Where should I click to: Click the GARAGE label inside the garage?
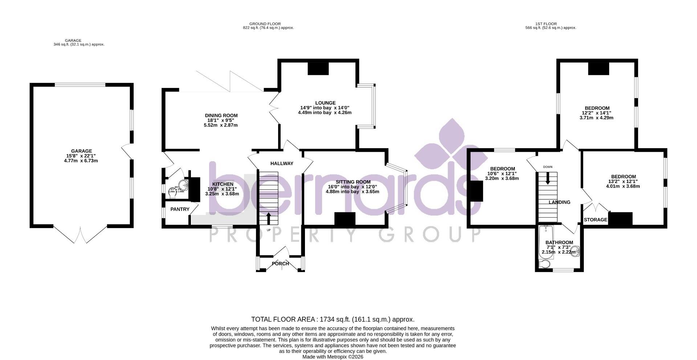pyautogui.click(x=81, y=151)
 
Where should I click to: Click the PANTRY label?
pyautogui.click(x=180, y=209)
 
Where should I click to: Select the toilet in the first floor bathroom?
pyautogui.click(x=545, y=264)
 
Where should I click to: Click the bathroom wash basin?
pyautogui.click(x=575, y=251)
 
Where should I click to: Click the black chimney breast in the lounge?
pyautogui.click(x=318, y=68)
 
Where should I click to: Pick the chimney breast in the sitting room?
pyautogui.click(x=345, y=219)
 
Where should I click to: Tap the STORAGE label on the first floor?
pyautogui.click(x=595, y=220)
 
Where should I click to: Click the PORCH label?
pyautogui.click(x=280, y=264)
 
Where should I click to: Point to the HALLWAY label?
pyautogui.click(x=282, y=163)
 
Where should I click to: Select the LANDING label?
pyautogui.click(x=559, y=202)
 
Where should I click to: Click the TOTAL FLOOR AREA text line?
pyautogui.click(x=333, y=319)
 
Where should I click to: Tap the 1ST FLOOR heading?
pyautogui.click(x=550, y=24)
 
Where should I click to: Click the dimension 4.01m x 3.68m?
pyautogui.click(x=623, y=186)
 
